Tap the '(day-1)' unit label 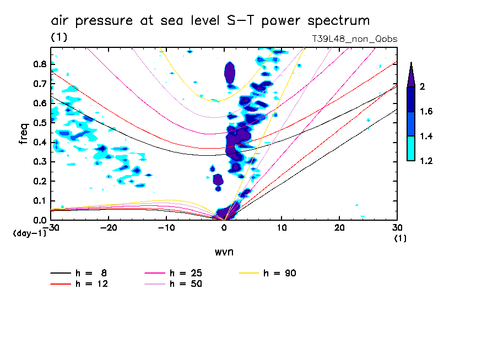(29, 234)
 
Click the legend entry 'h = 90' (280, 273)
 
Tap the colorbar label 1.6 (426, 112)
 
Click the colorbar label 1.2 (426, 161)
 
